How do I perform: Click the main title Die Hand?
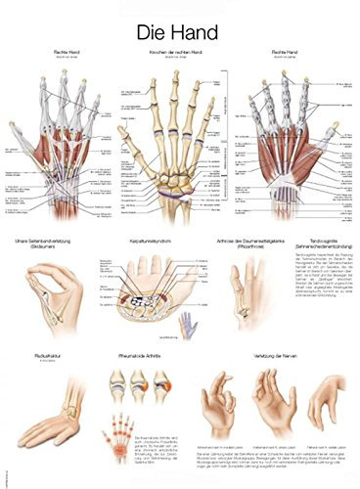(x=180, y=22)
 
